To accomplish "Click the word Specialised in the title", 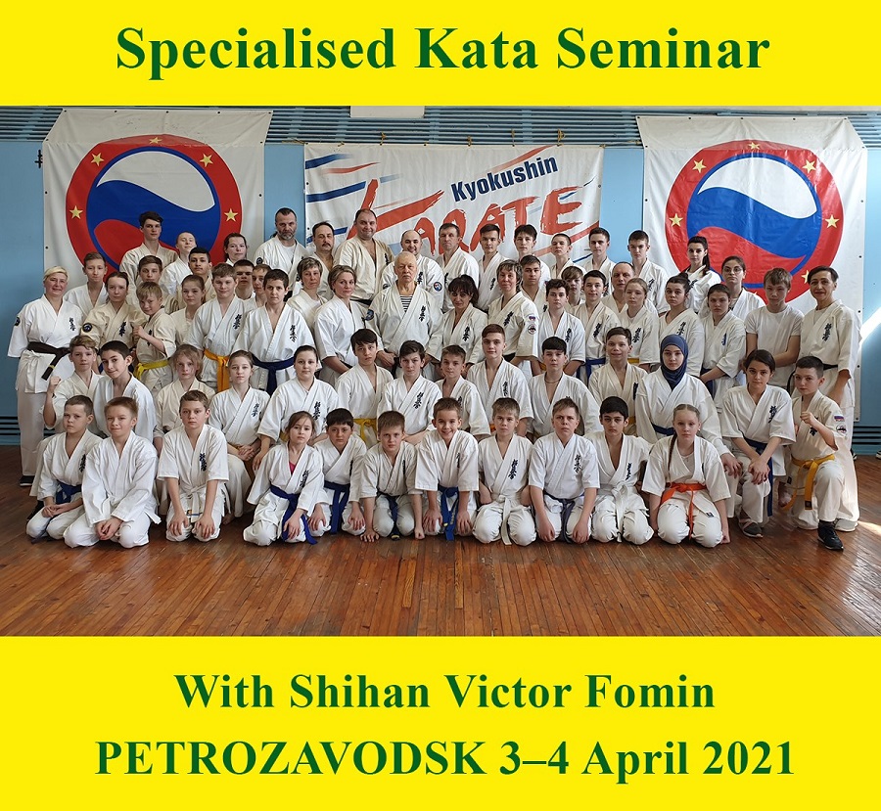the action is [x=255, y=50].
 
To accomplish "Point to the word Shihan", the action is [x=359, y=692].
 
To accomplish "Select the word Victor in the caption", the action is [x=508, y=692].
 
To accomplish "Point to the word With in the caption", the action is [x=224, y=692].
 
